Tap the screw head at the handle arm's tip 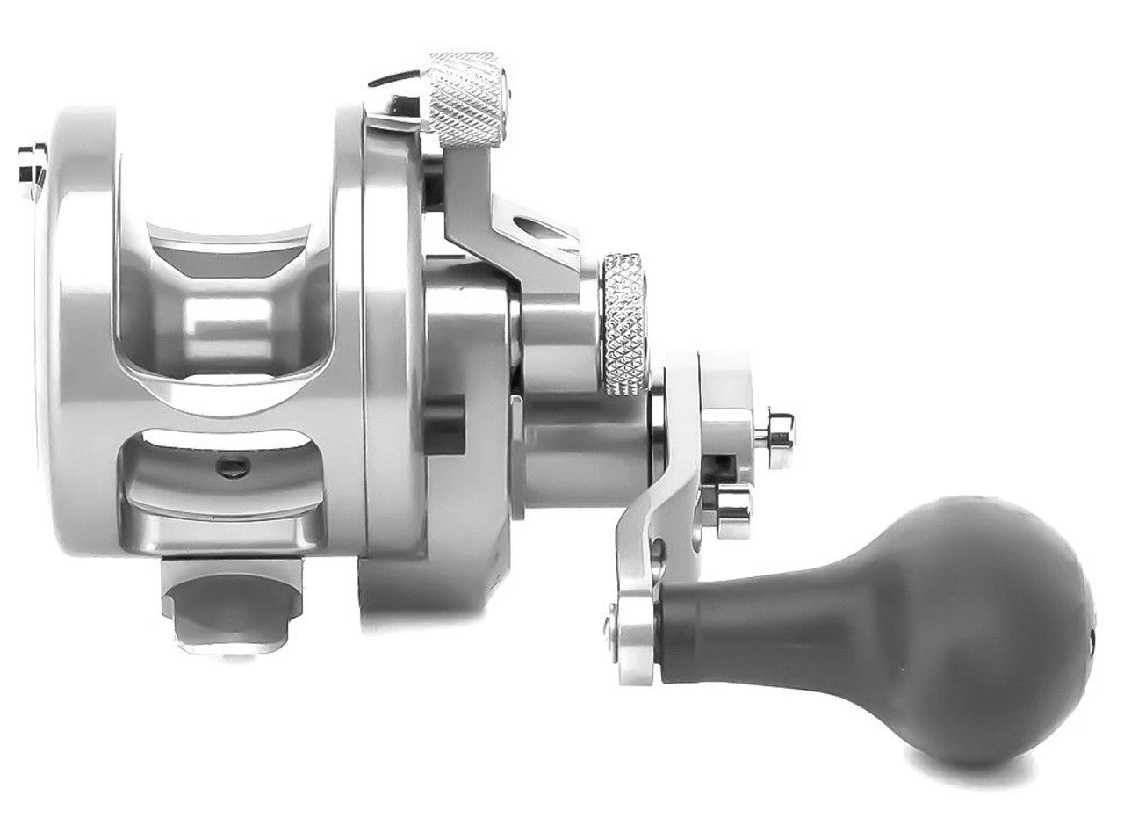pos(609,626)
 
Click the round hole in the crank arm pos(658,551)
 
